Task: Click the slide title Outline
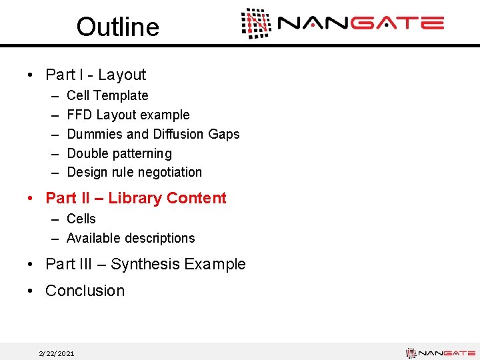117,27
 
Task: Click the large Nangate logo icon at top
256,23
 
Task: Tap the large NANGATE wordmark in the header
361,24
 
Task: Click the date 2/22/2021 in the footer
57,353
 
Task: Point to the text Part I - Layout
95,75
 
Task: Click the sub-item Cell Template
107,95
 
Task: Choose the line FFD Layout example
128,115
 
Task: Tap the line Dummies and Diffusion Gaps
153,134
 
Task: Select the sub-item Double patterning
119,153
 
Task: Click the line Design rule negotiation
134,172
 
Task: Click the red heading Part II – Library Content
135,198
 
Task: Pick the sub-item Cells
81,219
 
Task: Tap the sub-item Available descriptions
131,238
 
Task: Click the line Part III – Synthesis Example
145,264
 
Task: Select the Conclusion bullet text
85,291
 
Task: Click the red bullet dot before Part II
32,199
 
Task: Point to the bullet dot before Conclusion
32,291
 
